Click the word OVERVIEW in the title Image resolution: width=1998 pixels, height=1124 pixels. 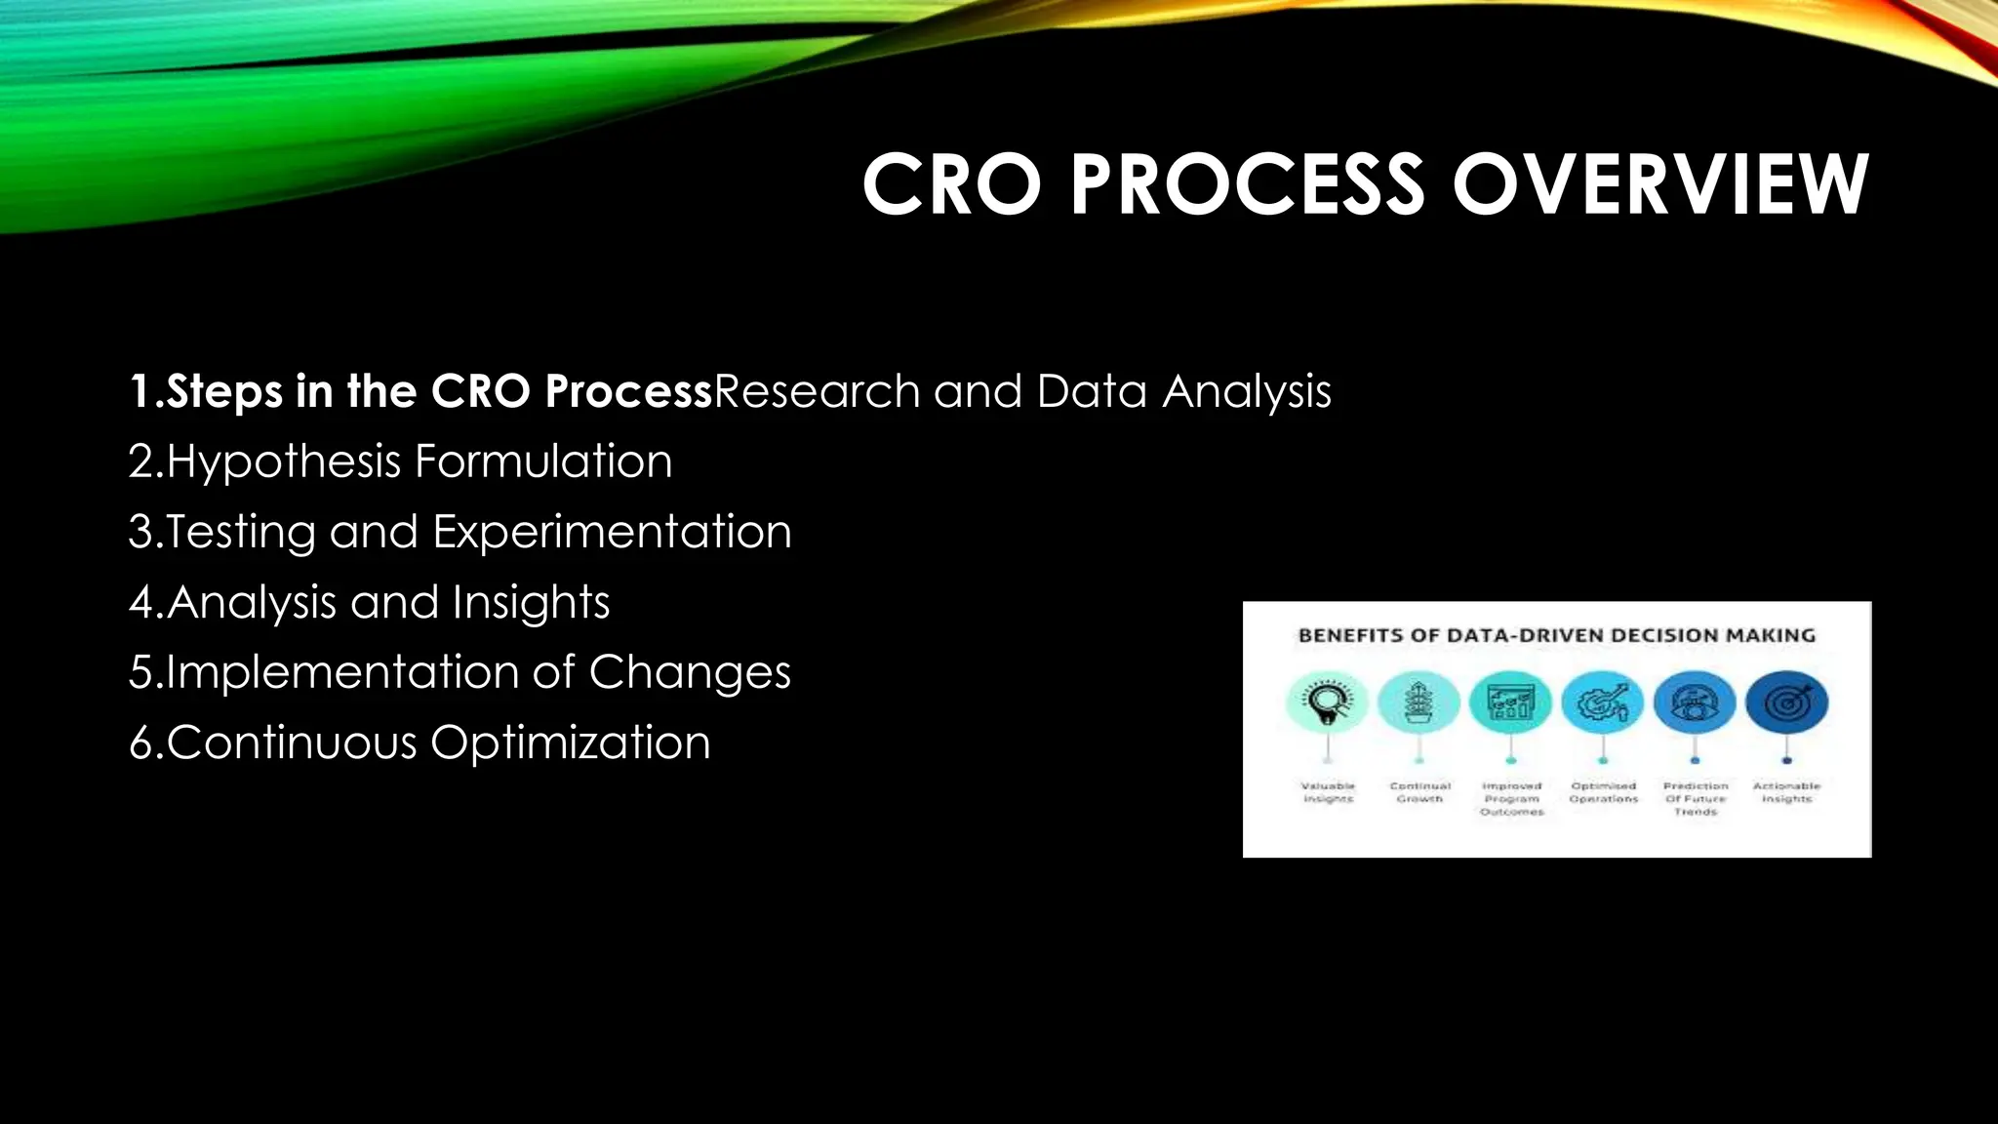[x=1659, y=184]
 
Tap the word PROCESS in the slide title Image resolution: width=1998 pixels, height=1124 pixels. [x=1248, y=184]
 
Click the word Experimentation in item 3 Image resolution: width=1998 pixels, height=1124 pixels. [x=612, y=532]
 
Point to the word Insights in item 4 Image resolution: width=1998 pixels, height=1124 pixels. [x=531, y=602]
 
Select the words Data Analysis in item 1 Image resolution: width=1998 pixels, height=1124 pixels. [x=1183, y=391]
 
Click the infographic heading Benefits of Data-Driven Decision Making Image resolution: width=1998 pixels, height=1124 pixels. [x=1556, y=635]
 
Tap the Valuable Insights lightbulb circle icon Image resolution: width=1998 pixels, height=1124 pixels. [x=1328, y=702]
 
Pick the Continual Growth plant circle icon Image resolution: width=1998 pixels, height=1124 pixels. [x=1419, y=702]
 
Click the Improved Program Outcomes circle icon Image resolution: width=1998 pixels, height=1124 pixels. [x=1511, y=702]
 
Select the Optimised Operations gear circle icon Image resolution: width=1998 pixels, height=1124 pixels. [x=1603, y=702]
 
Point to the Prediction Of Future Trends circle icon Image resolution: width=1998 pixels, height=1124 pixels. [x=1695, y=702]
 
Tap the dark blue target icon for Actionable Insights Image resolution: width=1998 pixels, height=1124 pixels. [x=1786, y=702]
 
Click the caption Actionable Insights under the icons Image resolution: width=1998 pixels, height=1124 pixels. [x=1786, y=792]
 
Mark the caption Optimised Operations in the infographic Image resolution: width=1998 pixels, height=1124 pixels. [x=1603, y=792]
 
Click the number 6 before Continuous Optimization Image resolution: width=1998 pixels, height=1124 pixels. [x=141, y=743]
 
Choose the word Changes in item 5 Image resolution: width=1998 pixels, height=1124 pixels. [x=690, y=672]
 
